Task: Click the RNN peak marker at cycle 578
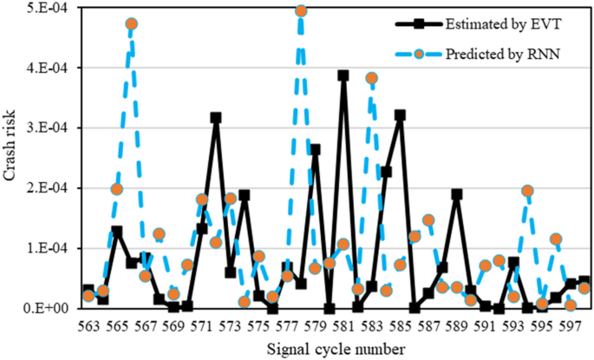point(301,10)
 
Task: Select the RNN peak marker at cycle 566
point(131,24)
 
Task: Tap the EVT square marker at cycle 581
point(343,75)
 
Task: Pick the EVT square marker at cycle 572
point(216,117)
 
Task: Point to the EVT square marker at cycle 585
point(400,115)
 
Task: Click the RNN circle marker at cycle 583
point(371,78)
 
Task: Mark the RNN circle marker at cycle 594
point(527,191)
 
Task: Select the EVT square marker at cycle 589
point(457,194)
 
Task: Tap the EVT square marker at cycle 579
point(315,149)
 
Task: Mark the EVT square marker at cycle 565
point(116,232)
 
